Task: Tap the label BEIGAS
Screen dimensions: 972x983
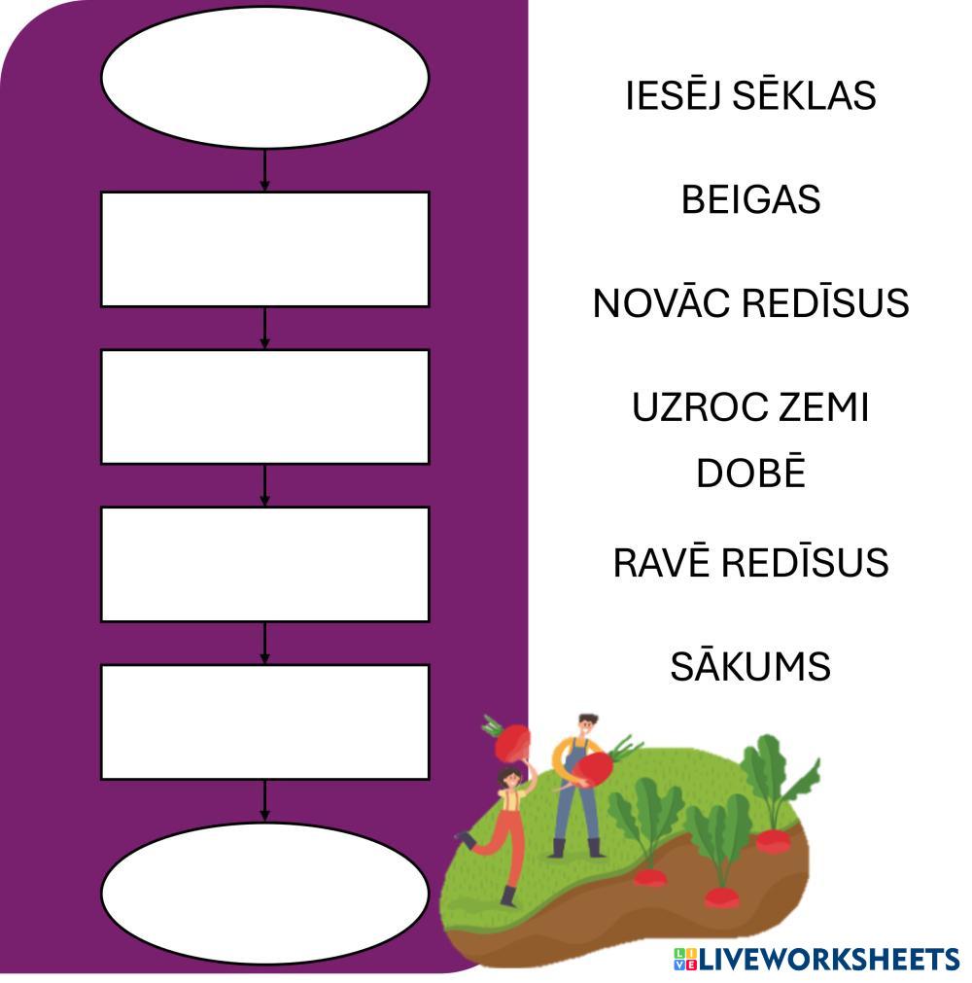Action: click(750, 199)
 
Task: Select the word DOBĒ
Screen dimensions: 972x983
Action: click(750, 474)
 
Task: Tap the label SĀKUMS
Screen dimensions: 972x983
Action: click(750, 667)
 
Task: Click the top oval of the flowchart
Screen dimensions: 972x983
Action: click(264, 78)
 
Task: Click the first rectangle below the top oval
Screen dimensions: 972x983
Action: click(264, 249)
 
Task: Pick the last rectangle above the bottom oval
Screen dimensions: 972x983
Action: click(264, 721)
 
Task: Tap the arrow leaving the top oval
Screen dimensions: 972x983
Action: click(264, 170)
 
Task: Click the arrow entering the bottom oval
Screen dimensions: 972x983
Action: click(264, 801)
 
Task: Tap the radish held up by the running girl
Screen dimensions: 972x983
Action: click(511, 743)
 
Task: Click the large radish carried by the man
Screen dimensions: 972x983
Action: click(593, 767)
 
